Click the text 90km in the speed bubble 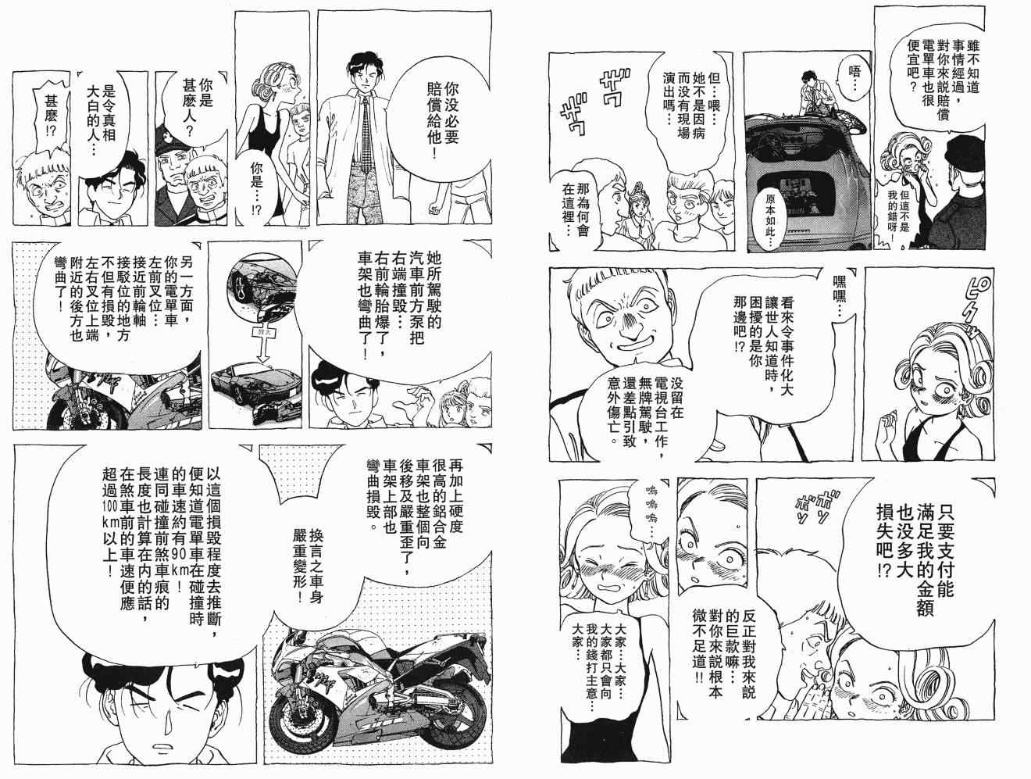(x=180, y=568)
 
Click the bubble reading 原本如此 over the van (x=772, y=214)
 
